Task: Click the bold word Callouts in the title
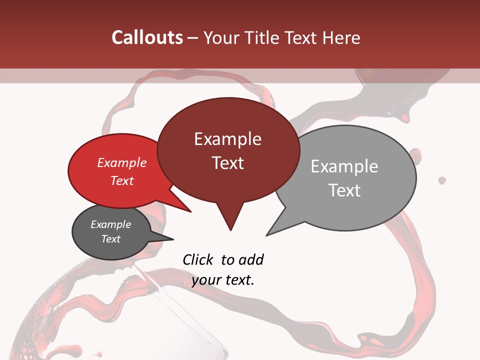point(147,37)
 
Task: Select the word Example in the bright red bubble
point(121,162)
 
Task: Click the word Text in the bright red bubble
point(121,180)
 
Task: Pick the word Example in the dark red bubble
point(227,139)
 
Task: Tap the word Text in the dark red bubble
point(227,163)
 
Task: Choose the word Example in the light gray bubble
point(344,166)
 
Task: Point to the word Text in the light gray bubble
point(344,190)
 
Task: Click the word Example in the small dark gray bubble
point(110,224)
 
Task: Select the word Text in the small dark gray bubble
point(110,239)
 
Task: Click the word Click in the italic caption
point(198,260)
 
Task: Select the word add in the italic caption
point(250,260)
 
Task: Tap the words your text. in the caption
point(223,280)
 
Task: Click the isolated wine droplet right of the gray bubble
point(442,180)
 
